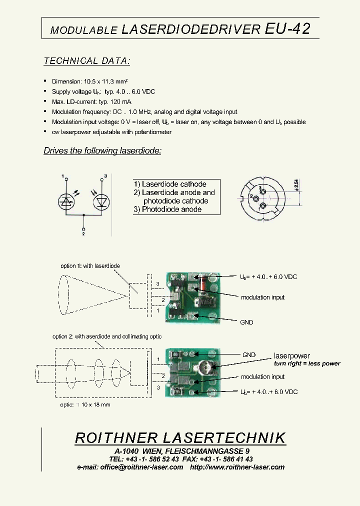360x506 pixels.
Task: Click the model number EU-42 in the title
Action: (x=287, y=29)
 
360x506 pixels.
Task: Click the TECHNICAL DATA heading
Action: (x=87, y=61)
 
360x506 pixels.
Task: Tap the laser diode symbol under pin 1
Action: (x=66, y=201)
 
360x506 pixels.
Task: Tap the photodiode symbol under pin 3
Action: (x=102, y=201)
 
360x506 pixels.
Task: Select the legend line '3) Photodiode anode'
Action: (x=167, y=209)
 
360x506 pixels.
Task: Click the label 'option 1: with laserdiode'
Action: (x=90, y=266)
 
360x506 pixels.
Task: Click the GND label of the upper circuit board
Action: (x=246, y=322)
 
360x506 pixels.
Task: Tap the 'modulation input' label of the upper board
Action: (x=262, y=297)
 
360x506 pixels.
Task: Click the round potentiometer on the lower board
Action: (x=204, y=368)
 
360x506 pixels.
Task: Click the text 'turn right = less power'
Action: (x=307, y=363)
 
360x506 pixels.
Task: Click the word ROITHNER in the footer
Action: (x=116, y=438)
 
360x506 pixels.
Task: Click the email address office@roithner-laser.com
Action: (x=141, y=467)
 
